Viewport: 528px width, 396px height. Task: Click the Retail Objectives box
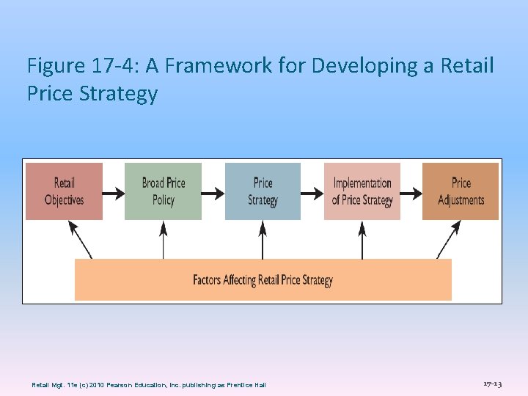(x=64, y=191)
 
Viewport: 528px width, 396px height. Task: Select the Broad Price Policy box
(x=163, y=191)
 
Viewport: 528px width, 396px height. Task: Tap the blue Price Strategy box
(x=263, y=191)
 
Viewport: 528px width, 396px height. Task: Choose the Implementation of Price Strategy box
(x=362, y=191)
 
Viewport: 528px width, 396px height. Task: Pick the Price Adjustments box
(x=461, y=191)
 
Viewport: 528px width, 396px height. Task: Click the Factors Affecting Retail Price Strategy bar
(x=263, y=279)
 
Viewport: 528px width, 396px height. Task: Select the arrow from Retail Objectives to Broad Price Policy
(x=114, y=194)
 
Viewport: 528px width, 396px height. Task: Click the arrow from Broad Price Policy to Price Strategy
(x=213, y=194)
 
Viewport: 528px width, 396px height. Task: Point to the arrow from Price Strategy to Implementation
(x=312, y=194)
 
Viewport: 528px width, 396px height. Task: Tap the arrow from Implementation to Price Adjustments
(x=411, y=194)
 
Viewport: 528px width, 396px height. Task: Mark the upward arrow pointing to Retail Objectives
(x=80, y=239)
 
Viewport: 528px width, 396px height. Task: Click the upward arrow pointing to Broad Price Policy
(x=163, y=239)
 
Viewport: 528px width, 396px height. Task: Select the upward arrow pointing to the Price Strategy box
(x=263, y=239)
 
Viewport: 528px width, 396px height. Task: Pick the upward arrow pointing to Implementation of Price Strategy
(x=362, y=239)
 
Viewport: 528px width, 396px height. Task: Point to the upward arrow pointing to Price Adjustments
(x=448, y=239)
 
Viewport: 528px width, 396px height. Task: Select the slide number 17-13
(x=492, y=384)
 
